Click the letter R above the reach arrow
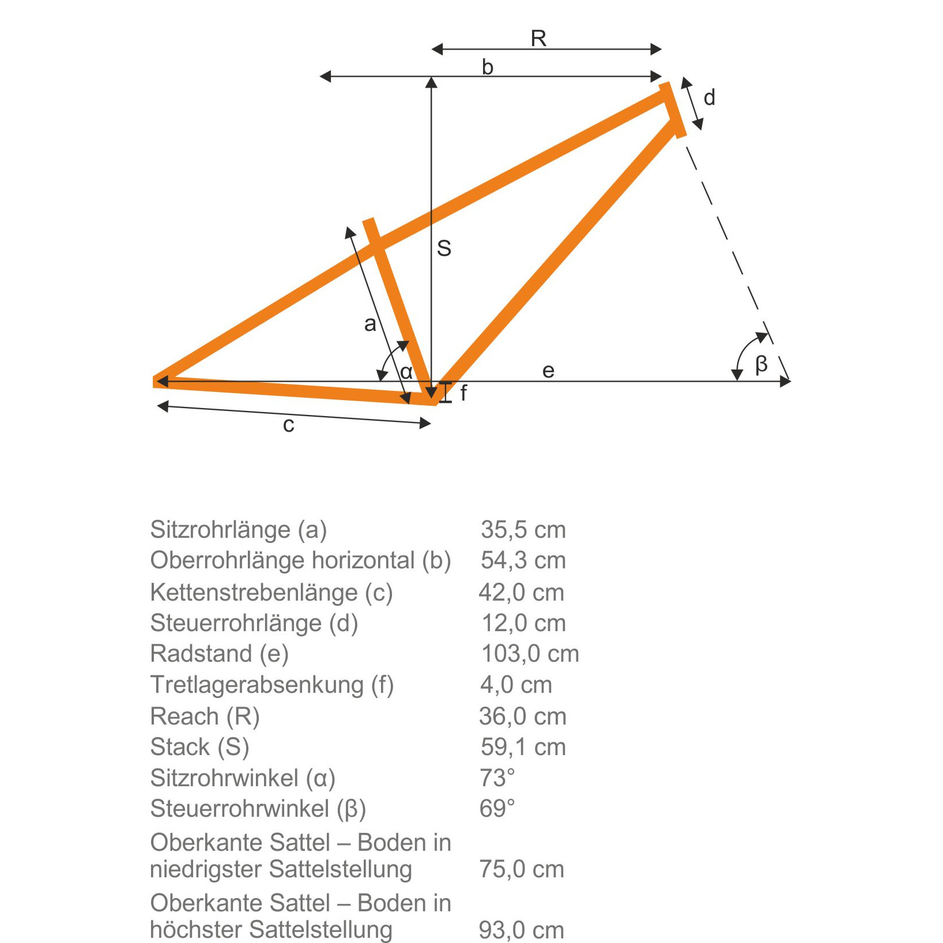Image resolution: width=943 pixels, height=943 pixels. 538,39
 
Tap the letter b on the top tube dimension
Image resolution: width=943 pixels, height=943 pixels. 488,67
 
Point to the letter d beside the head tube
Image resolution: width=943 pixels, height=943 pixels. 710,97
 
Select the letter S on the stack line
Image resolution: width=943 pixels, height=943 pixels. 444,248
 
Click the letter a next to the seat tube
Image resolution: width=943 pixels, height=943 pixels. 370,324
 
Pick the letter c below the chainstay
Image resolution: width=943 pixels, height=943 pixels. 289,425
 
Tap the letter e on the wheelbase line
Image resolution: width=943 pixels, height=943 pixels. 548,371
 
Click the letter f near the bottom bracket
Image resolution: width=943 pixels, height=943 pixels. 463,393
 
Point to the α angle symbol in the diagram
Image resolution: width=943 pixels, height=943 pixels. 406,372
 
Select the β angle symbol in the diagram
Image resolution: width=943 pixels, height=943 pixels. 761,364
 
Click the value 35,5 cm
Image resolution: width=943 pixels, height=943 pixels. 523,530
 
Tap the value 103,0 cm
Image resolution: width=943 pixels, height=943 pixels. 530,654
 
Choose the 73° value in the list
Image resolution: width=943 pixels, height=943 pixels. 497,778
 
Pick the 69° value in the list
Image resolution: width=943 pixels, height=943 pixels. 497,809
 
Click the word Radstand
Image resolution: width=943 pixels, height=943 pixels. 201,654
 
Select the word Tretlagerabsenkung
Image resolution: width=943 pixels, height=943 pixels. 257,685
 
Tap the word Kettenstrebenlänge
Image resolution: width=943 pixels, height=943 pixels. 254,593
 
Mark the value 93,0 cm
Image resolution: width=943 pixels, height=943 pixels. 522,930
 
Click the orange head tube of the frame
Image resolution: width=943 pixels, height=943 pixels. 673,110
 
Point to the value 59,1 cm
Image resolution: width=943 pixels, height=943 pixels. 523,747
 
